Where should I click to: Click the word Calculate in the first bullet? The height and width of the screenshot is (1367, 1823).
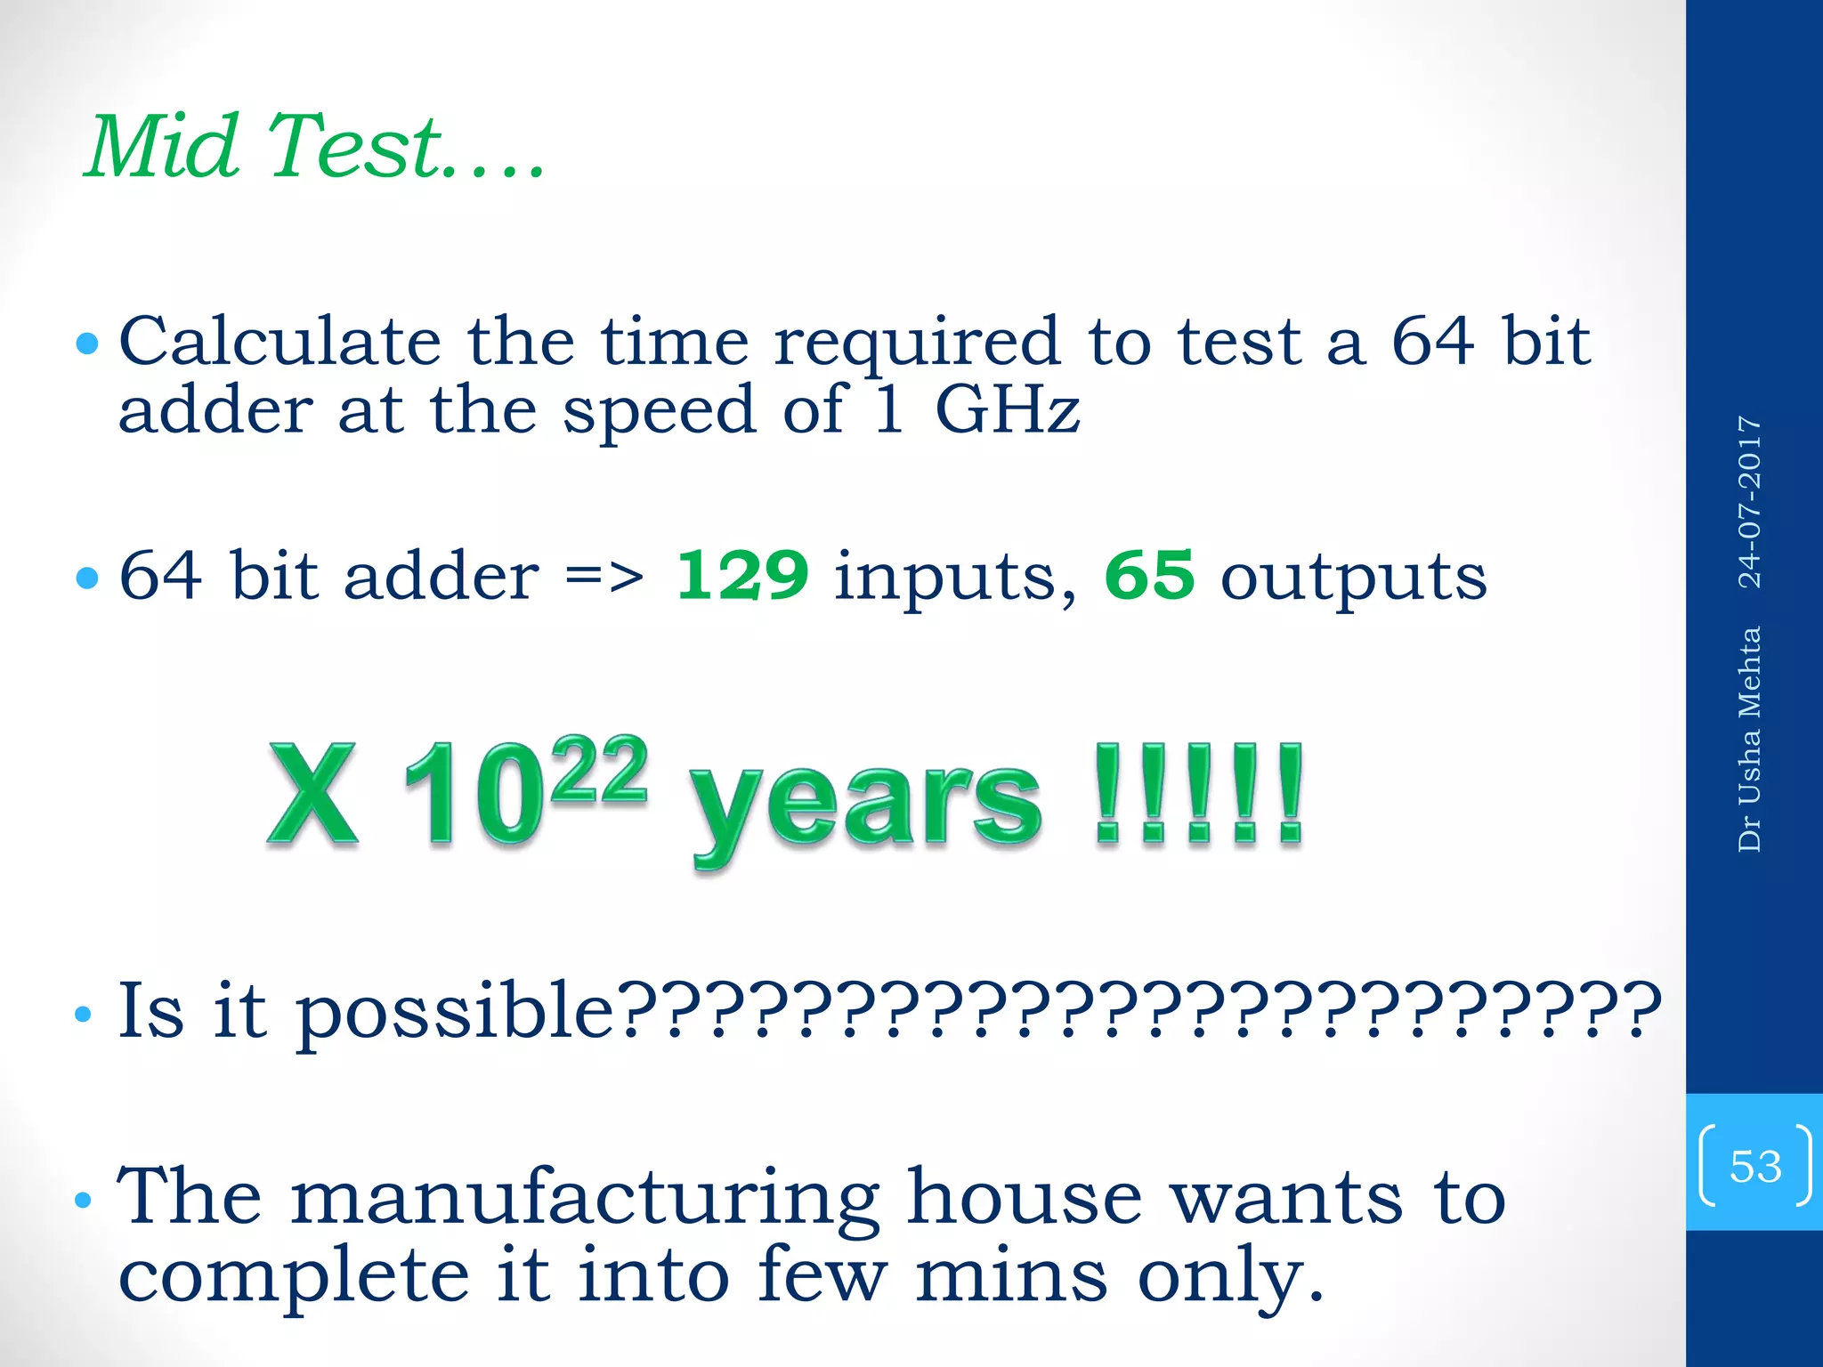coord(280,342)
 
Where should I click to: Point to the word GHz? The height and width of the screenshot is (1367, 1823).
coord(1008,411)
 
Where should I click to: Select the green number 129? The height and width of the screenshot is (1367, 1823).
coord(742,575)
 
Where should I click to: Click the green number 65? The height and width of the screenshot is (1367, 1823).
coord(1149,575)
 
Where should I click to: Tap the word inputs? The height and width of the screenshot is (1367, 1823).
coord(955,578)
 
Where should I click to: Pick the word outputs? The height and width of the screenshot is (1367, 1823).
coord(1353,578)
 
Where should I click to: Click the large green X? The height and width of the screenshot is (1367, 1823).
coord(313,794)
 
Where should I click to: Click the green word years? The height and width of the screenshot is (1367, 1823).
coord(865,801)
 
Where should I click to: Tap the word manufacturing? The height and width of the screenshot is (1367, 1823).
coord(586,1198)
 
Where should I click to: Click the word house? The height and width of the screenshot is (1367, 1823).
coord(1024,1198)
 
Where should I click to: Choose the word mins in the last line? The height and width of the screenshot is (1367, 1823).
coord(1011,1276)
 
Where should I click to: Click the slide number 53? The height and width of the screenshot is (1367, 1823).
coord(1755,1166)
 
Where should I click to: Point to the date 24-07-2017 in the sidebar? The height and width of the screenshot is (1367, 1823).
coord(1750,502)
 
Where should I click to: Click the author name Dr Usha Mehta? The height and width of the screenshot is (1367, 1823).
coord(1750,739)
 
